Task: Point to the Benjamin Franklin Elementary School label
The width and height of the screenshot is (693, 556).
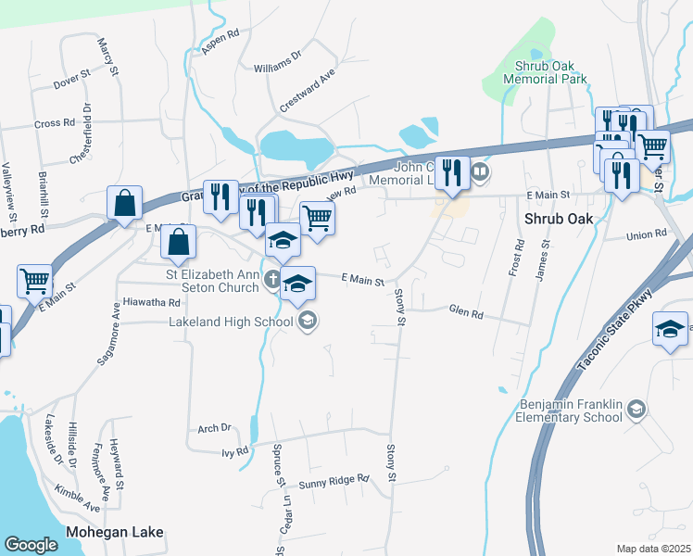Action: [x=566, y=411]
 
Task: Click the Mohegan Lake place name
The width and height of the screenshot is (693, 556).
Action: [x=115, y=532]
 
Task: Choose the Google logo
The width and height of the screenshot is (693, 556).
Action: [x=31, y=544]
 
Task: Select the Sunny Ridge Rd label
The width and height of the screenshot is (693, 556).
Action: [x=334, y=482]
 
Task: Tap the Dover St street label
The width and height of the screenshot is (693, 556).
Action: [x=71, y=81]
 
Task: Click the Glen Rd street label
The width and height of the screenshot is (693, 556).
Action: [x=466, y=313]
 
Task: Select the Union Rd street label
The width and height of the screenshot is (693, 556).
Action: [x=647, y=236]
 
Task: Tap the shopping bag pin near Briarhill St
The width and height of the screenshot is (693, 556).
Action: [x=124, y=201]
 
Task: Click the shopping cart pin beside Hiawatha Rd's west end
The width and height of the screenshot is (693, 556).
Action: [x=34, y=280]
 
